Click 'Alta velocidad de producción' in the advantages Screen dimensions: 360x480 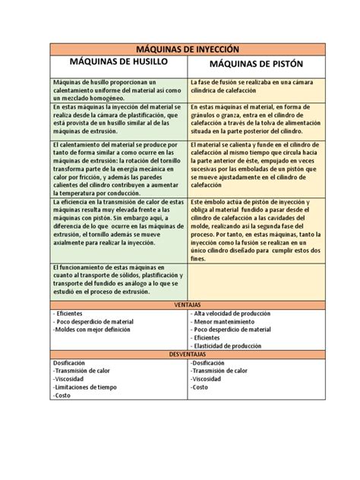coord(232,313)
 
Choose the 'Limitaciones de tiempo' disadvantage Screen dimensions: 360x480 coord(84,387)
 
